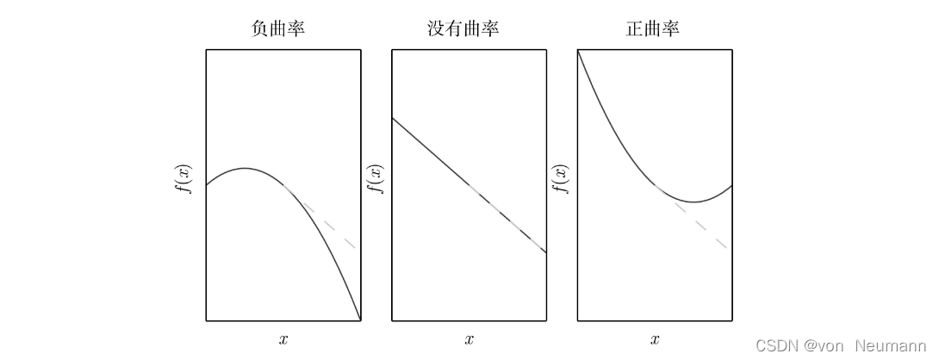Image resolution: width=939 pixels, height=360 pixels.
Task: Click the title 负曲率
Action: click(x=277, y=28)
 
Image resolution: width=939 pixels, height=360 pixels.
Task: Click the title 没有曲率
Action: click(x=463, y=28)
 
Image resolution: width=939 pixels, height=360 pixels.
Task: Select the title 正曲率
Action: click(x=652, y=28)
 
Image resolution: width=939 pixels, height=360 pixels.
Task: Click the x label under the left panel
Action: click(x=283, y=339)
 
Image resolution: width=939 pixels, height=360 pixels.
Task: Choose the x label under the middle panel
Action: click(x=469, y=339)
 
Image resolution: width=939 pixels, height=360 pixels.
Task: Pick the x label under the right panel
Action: click(x=655, y=339)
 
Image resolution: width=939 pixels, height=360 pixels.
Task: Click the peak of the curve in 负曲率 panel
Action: click(x=246, y=168)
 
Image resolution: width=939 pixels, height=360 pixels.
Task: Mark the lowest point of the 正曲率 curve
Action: click(x=693, y=202)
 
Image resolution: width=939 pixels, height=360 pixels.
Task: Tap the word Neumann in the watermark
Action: click(x=890, y=345)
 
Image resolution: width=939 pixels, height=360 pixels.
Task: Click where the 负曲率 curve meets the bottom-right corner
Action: click(x=360, y=320)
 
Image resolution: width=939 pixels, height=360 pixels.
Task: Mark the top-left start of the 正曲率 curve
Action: click(x=578, y=52)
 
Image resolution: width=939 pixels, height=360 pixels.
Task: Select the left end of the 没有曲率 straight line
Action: click(x=393, y=117)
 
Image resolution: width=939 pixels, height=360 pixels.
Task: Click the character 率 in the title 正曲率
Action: click(x=670, y=28)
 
